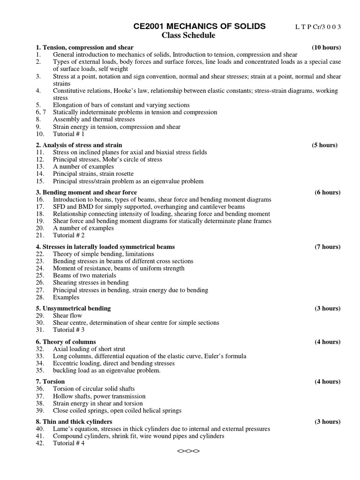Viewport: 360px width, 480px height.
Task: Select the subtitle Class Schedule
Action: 188,36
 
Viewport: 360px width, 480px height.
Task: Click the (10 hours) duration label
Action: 326,47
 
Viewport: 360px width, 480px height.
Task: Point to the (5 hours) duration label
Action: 324,145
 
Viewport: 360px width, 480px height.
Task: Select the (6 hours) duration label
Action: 328,192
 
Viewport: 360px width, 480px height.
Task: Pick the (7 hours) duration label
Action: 328,247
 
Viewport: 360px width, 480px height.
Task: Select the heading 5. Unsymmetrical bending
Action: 73,308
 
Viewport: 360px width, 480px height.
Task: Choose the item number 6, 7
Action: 41,112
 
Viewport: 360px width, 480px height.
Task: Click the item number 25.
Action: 40,276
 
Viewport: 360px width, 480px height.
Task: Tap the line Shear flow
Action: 67,315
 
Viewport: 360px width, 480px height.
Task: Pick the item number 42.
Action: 40,443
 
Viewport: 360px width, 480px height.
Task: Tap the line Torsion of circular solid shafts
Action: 94,389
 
